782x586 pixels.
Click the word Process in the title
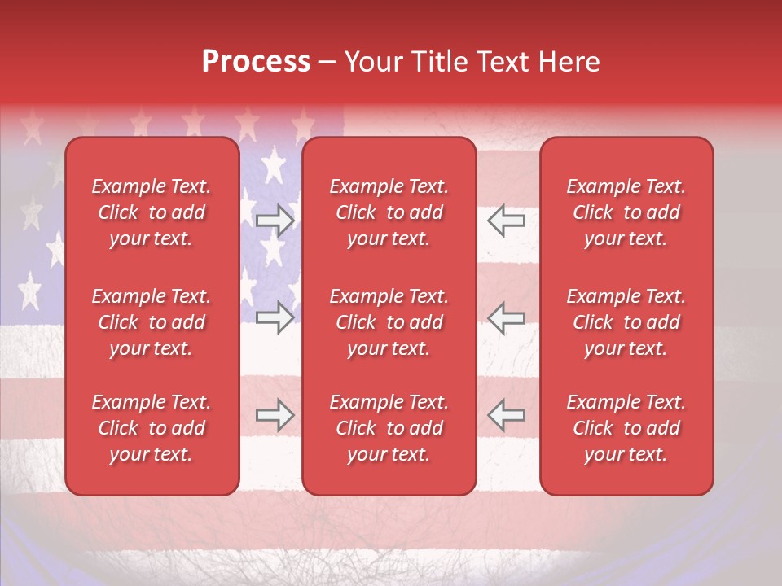point(256,62)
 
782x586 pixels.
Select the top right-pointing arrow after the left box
point(275,221)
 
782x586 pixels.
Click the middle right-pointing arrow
point(275,317)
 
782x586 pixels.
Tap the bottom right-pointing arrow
point(275,415)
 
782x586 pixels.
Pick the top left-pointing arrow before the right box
point(506,221)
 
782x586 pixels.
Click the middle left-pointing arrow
point(506,317)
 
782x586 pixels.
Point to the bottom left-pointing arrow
point(506,415)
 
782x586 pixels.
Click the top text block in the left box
point(152,212)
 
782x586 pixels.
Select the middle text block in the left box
point(152,322)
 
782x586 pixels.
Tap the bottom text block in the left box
point(152,428)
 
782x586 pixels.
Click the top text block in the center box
point(389,212)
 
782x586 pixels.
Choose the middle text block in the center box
point(389,322)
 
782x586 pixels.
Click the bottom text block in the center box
point(389,428)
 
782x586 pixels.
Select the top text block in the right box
point(626,212)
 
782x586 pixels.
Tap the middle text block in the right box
point(626,322)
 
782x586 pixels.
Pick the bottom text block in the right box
point(626,428)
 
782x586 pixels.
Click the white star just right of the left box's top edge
point(274,165)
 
